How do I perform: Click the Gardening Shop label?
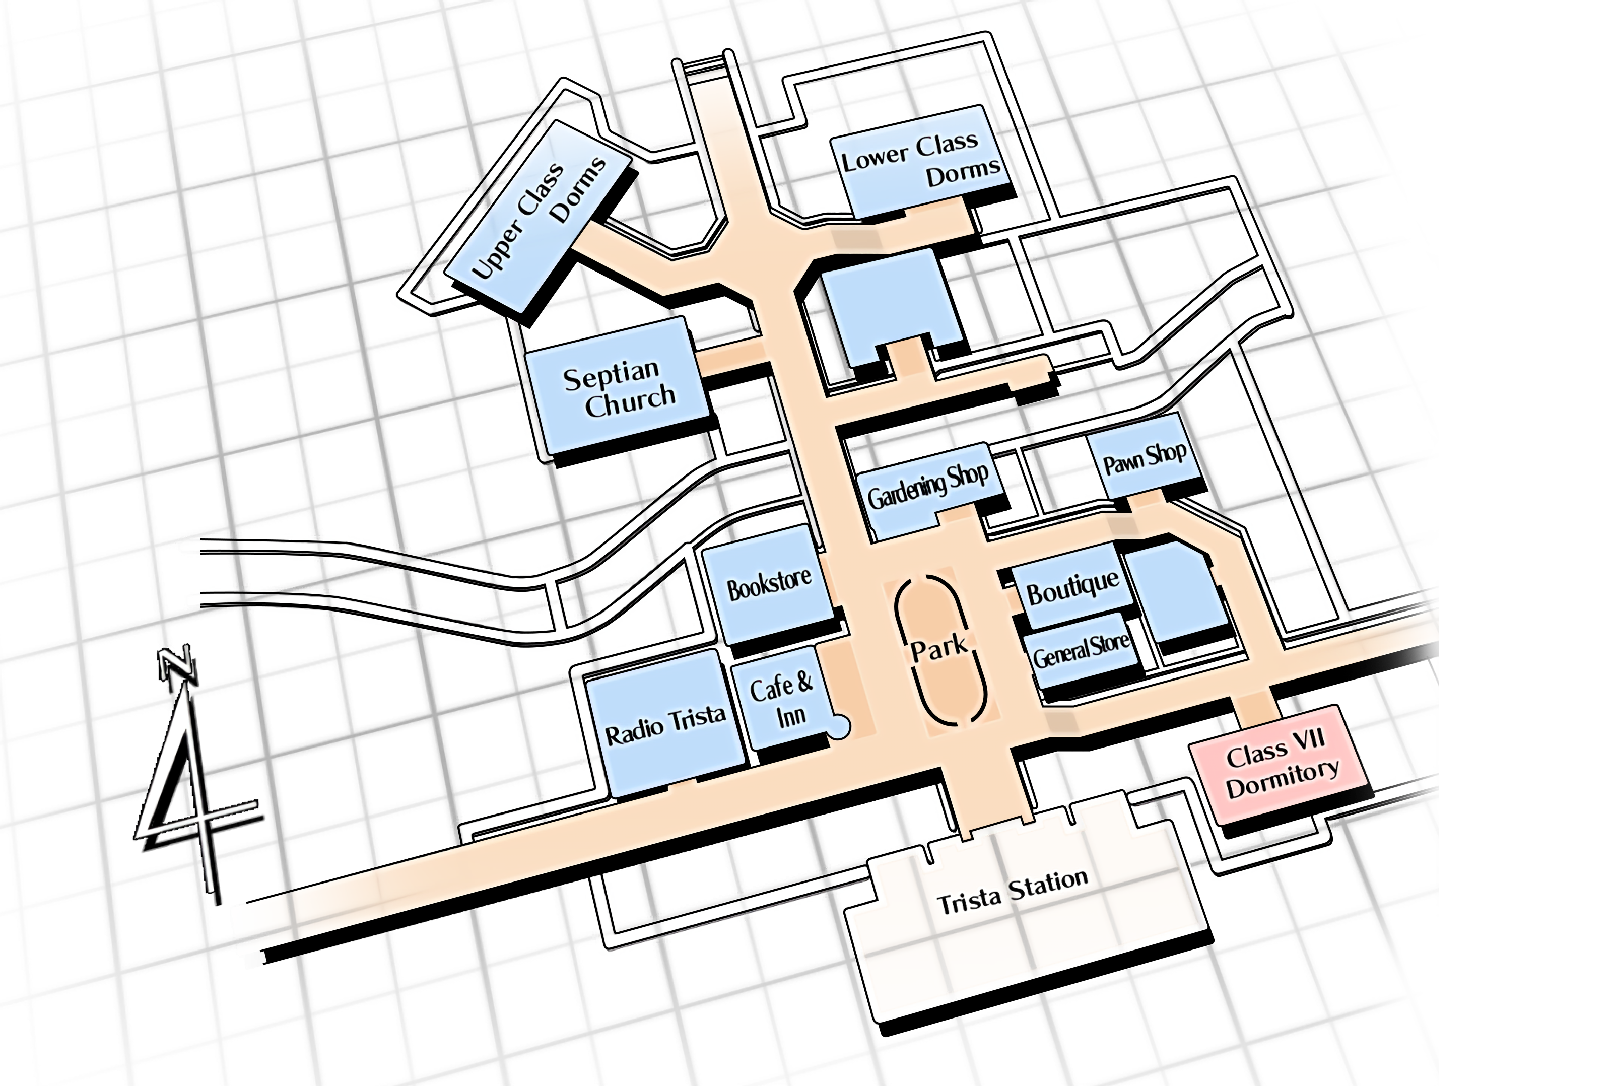928,486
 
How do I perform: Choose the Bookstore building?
768,586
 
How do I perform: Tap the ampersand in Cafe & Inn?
803,682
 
